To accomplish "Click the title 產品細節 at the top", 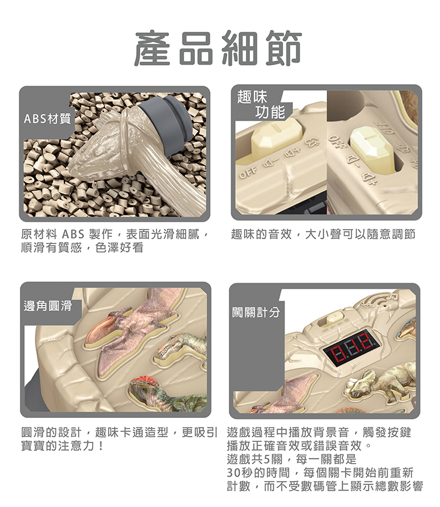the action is point(218,48).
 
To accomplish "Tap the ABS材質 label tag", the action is point(48,118).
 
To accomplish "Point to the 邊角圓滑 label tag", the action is point(48,305).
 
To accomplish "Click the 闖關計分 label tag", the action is point(256,312).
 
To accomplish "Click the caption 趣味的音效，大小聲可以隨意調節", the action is point(323,234).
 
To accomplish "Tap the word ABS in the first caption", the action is point(73,234).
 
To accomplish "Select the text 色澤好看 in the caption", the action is point(119,248).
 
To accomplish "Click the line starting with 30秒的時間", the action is point(320,473).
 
